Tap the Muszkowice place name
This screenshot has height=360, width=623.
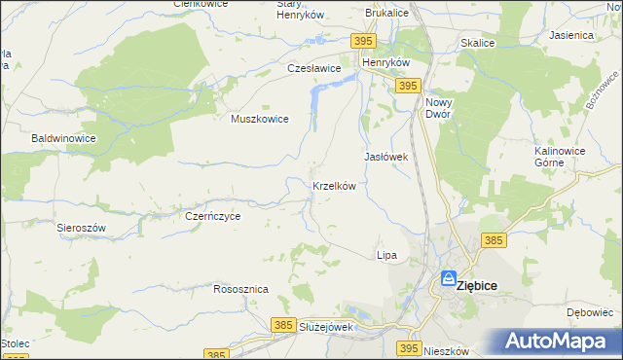pyautogui.click(x=259, y=119)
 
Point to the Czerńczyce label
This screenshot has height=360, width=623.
pyautogui.click(x=212, y=217)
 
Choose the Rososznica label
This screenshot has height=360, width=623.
pyautogui.click(x=240, y=290)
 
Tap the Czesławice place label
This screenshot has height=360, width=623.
pyautogui.click(x=313, y=69)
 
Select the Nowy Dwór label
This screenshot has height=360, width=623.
pyautogui.click(x=440, y=107)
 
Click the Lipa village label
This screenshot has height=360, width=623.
pyautogui.click(x=386, y=255)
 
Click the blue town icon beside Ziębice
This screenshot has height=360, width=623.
pyautogui.click(x=448, y=278)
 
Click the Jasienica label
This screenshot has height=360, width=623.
pyautogui.click(x=571, y=35)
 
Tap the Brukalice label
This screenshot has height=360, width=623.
pyautogui.click(x=385, y=14)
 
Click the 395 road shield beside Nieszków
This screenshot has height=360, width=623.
pyautogui.click(x=409, y=347)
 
